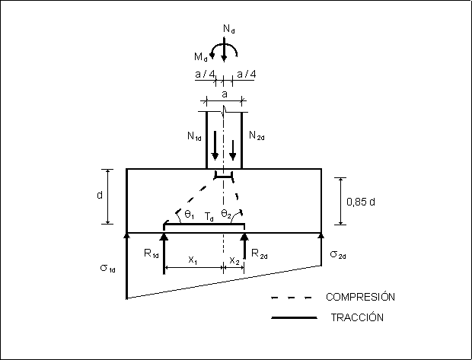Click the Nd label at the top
[229, 29]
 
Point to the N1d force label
[195, 137]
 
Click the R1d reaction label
[151, 253]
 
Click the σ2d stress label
[338, 253]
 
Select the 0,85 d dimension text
[362, 202]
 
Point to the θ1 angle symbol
[187, 215]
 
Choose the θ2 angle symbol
[226, 215]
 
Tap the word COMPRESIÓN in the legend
[361, 296]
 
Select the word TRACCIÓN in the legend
[356, 317]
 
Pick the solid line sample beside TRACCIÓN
[293, 317]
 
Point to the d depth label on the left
[100, 196]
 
